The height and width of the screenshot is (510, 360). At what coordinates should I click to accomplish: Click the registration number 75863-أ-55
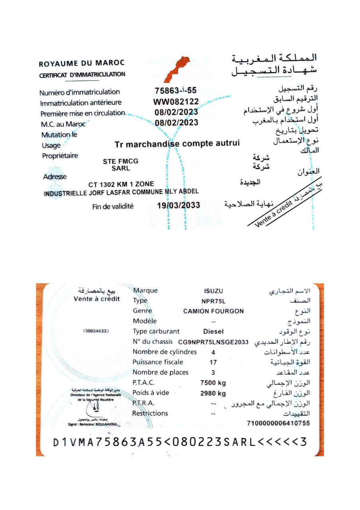click(176, 91)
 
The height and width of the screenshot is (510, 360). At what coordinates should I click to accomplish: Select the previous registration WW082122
click(176, 102)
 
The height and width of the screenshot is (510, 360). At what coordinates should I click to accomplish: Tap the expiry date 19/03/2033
click(178, 206)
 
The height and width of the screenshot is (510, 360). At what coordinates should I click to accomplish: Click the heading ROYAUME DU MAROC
click(82, 63)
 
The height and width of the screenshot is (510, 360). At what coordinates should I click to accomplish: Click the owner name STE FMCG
click(121, 161)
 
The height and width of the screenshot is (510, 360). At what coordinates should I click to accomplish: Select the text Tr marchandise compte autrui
click(177, 144)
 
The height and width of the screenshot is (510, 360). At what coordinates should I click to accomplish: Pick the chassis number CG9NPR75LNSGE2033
click(213, 342)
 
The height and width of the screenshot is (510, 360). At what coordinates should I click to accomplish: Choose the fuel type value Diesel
click(213, 331)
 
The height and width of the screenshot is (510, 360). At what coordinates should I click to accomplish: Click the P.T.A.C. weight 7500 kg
click(213, 383)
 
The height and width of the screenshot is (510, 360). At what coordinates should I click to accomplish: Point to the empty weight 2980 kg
click(213, 393)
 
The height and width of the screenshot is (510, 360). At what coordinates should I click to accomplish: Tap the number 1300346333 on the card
click(96, 331)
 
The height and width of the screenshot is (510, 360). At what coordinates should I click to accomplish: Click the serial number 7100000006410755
click(278, 423)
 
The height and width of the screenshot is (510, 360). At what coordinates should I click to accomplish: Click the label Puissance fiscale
click(158, 362)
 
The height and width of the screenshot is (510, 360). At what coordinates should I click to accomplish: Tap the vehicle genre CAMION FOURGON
click(213, 311)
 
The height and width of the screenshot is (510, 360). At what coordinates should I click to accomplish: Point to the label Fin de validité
click(113, 206)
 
